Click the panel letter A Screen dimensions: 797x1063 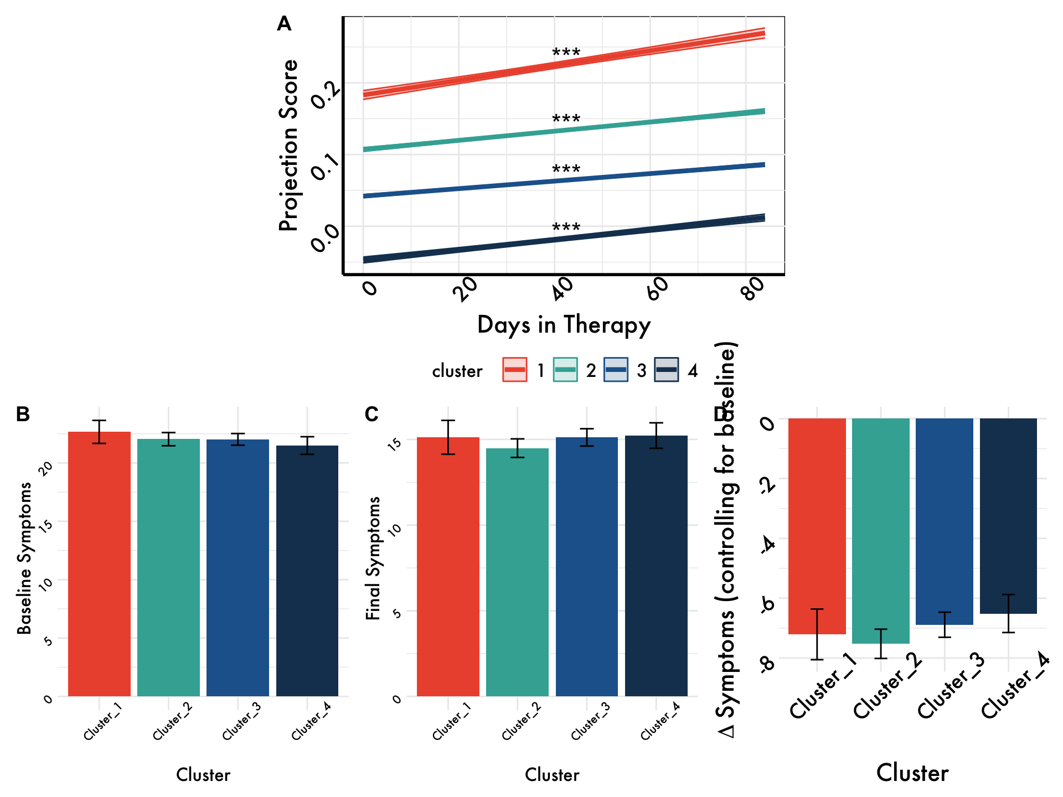pyautogui.click(x=284, y=24)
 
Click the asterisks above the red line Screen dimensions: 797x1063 pyautogui.click(x=566, y=53)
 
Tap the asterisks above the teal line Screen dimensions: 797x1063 pyautogui.click(x=566, y=120)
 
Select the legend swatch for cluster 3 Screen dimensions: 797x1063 pyautogui.click(x=616, y=370)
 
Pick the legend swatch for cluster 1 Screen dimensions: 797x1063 pyautogui.click(x=515, y=370)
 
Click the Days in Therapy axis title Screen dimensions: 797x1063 pyautogui.click(x=564, y=325)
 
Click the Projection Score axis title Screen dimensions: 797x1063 pyautogui.click(x=288, y=145)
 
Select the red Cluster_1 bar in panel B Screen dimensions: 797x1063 pyautogui.click(x=99, y=565)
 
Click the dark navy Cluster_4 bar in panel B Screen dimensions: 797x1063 pyautogui.click(x=307, y=570)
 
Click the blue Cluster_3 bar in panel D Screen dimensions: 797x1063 pyautogui.click(x=945, y=520)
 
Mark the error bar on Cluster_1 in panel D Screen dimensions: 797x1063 pyautogui.click(x=817, y=634)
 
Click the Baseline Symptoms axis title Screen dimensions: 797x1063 pyautogui.click(x=24, y=558)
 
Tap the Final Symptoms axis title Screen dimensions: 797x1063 pyautogui.click(x=374, y=558)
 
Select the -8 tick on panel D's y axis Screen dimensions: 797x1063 pyautogui.click(x=768, y=663)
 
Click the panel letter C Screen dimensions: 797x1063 pyautogui.click(x=371, y=414)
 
